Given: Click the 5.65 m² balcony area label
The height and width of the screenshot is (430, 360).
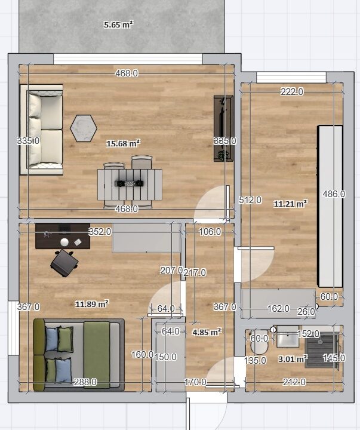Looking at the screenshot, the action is [118, 24].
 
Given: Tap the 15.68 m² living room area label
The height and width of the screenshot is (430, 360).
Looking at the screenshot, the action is [123, 143].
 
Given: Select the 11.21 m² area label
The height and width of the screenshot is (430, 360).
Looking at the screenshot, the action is [290, 204].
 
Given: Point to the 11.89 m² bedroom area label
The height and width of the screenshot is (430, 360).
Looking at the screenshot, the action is [92, 304].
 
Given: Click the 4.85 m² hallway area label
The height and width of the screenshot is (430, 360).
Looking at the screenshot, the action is [207, 333].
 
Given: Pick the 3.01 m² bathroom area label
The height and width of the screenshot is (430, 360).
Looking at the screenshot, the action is [293, 359].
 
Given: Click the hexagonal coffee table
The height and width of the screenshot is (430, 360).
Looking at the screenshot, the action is [84, 128].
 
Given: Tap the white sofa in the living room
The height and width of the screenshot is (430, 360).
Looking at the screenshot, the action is [42, 130].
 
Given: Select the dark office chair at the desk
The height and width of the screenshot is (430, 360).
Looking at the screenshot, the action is [64, 263].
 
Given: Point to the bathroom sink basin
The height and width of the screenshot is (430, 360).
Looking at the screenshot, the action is [288, 336].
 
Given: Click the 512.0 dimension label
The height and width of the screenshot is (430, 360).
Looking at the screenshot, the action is [250, 200].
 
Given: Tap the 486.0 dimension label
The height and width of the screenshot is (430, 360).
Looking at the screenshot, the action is [334, 194].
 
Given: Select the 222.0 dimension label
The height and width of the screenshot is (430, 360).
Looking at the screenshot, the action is [292, 91].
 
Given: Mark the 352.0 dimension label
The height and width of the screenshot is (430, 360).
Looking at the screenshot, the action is [100, 232].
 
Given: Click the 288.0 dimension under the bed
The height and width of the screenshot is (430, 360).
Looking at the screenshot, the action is [85, 382].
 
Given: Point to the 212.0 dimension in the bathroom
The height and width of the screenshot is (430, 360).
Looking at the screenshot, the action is [294, 382].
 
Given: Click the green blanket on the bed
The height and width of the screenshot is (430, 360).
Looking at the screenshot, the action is [97, 355].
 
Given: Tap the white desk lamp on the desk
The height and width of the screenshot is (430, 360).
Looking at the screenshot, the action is [64, 242].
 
